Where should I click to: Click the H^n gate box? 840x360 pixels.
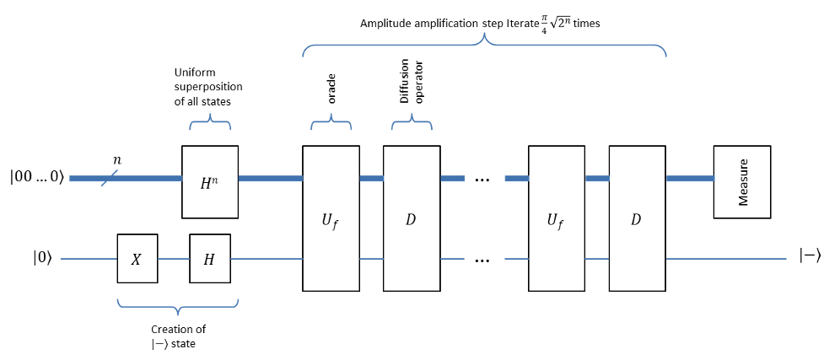[210, 182]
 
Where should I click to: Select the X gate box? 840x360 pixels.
[137, 259]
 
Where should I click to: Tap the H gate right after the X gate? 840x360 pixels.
[210, 259]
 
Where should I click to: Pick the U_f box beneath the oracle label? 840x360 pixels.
[331, 219]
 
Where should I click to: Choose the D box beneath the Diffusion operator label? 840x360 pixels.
[411, 219]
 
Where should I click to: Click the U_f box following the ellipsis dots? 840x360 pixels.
[557, 219]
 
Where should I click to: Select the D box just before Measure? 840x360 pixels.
[637, 219]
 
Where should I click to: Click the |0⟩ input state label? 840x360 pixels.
[42, 259]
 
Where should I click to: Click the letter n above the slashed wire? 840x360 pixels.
[117, 159]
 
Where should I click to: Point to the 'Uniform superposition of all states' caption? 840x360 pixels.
[208, 87]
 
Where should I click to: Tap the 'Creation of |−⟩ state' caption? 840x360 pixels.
[178, 336]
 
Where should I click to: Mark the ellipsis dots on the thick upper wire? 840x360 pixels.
[483, 180]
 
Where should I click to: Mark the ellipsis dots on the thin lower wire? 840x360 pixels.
[483, 261]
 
